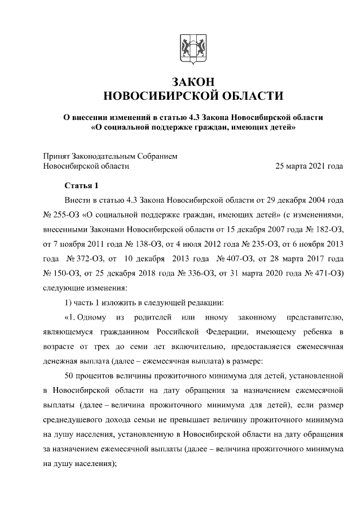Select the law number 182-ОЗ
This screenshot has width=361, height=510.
329,229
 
